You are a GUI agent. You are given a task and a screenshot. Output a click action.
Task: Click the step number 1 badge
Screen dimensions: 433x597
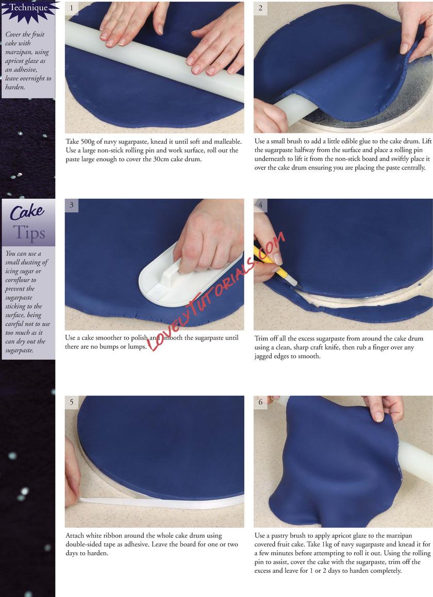point(71,8)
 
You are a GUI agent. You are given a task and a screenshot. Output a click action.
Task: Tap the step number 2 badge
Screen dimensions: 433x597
point(260,8)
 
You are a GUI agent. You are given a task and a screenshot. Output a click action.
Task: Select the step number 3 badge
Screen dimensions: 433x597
point(71,205)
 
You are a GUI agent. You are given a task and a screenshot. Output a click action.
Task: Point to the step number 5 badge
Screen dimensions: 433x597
point(71,402)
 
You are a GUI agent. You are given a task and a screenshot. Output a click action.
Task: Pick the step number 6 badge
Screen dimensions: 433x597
point(260,402)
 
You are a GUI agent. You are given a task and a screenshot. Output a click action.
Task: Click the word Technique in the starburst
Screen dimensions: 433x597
point(28,8)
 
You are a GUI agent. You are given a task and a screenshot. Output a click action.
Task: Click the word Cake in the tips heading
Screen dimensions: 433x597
point(27,212)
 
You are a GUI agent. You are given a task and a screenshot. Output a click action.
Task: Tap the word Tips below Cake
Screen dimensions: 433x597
point(29,233)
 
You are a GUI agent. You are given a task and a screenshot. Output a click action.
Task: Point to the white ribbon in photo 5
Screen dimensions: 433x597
point(160,502)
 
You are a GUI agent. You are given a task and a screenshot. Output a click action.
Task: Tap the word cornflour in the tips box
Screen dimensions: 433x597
point(21,280)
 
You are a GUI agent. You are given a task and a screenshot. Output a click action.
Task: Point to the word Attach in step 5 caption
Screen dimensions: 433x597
point(75,536)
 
